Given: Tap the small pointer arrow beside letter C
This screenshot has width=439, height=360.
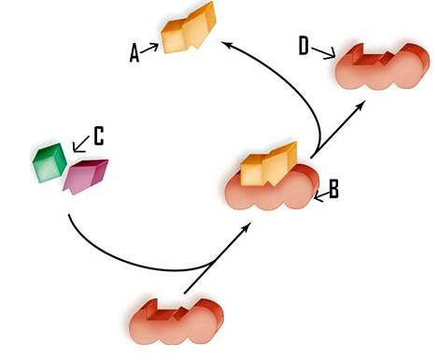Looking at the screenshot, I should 80,142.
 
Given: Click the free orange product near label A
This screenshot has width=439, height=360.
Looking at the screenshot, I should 188,34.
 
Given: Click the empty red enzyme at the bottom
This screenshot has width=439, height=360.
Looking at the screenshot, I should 177,323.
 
